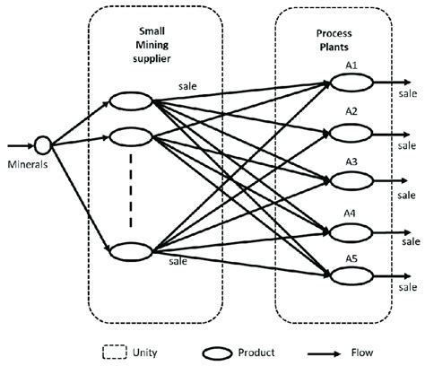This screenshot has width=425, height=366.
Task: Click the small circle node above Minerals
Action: pyautogui.click(x=41, y=144)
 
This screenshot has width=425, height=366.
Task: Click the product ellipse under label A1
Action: pyautogui.click(x=349, y=83)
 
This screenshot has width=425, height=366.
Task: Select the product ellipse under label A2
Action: pyautogui.click(x=349, y=133)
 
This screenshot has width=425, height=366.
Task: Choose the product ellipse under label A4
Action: pyautogui.click(x=349, y=231)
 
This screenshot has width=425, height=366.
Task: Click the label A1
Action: pyautogui.click(x=351, y=65)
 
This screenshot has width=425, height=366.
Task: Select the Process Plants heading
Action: pyautogui.click(x=334, y=40)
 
